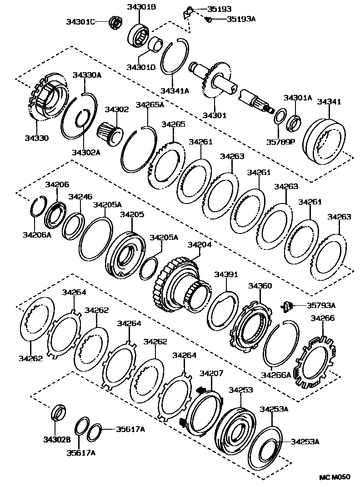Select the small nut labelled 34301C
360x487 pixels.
[x=115, y=22]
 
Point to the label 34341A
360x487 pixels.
[x=175, y=91]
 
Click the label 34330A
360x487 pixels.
[x=87, y=75]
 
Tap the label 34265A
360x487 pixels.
[x=150, y=105]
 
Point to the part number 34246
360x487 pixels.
[x=80, y=197]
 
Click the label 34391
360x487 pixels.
[x=226, y=274]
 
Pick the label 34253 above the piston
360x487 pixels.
[x=241, y=390]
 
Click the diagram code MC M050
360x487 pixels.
[x=335, y=477]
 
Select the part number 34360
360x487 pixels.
[x=260, y=286]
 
